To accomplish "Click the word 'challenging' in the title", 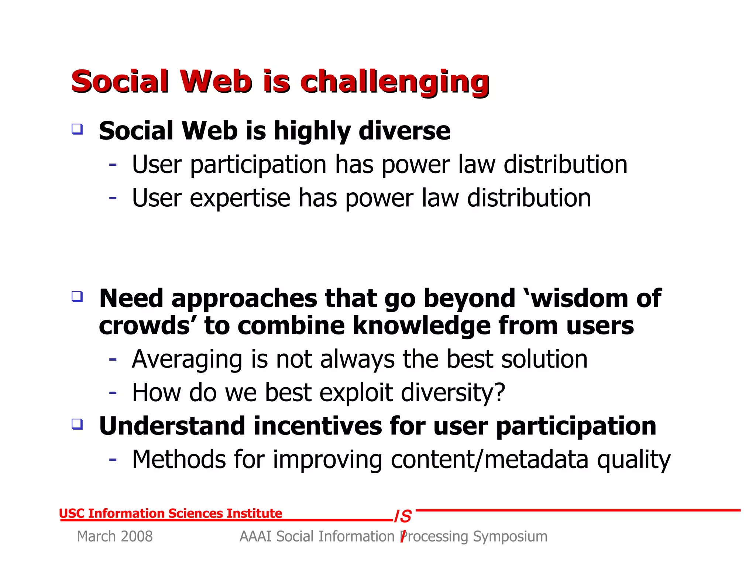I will coord(395,82).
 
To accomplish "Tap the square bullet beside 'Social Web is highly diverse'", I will coord(77,129).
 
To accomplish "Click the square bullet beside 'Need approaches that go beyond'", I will coord(77,296).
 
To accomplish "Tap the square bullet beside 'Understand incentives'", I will coord(77,424).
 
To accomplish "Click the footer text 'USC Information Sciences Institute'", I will coord(171,513).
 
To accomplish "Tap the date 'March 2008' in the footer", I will coord(114,536).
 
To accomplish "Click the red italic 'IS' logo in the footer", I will coord(403,516).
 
